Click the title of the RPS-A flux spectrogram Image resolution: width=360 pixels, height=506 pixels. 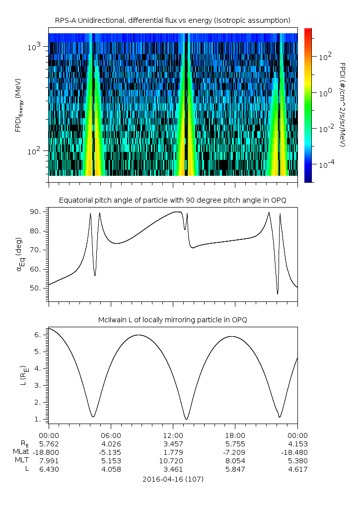pyautogui.click(x=172, y=20)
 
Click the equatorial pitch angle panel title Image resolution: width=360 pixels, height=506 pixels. pyautogui.click(x=172, y=200)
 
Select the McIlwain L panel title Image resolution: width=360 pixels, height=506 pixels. pyautogui.click(x=172, y=320)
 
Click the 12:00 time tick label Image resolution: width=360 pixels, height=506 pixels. pyautogui.click(x=173, y=434)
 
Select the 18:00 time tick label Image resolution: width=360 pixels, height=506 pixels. pyautogui.click(x=235, y=434)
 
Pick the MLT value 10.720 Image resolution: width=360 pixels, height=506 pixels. pyautogui.click(x=173, y=460)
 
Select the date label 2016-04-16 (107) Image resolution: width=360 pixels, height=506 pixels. pyautogui.click(x=173, y=479)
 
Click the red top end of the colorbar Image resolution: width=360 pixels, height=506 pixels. pyautogui.click(x=308, y=31)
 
